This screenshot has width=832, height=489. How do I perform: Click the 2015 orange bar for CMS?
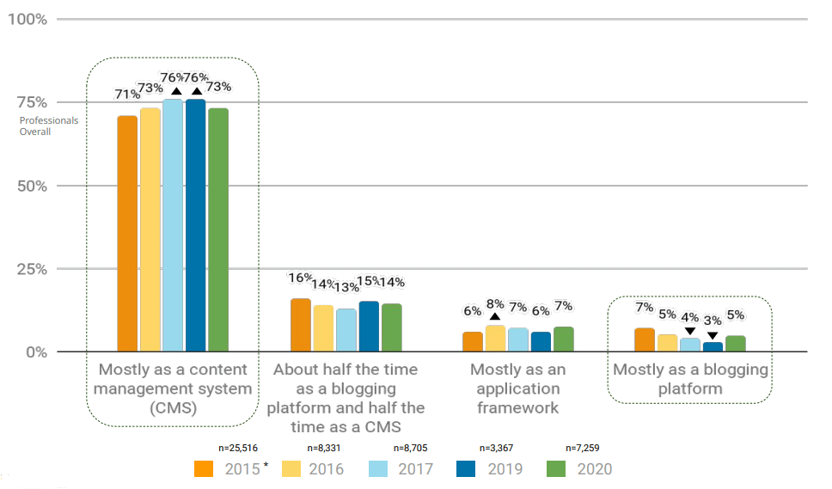click(127, 234)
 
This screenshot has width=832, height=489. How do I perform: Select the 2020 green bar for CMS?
click(218, 229)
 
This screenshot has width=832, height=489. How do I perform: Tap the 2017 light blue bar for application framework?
click(518, 339)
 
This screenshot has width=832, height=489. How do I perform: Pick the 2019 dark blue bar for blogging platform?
click(713, 346)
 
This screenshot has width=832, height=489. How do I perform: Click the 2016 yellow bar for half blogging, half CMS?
click(323, 328)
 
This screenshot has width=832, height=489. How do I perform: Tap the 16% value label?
click(300, 278)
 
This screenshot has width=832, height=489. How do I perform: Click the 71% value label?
click(127, 95)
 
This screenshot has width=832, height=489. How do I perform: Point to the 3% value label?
click(713, 321)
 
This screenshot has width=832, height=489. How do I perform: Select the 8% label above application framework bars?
click(495, 303)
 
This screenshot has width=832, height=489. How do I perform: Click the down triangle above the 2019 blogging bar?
click(713, 335)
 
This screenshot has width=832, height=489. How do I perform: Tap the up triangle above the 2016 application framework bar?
click(495, 317)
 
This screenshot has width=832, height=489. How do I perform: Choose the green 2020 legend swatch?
click(556, 469)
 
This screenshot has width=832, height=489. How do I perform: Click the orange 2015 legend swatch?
click(204, 469)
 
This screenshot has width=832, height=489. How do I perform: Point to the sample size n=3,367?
click(501, 448)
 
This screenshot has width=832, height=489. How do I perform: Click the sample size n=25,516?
click(245, 448)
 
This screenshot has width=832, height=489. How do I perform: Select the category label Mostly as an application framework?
click(517, 388)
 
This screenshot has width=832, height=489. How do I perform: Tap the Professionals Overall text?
click(48, 126)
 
